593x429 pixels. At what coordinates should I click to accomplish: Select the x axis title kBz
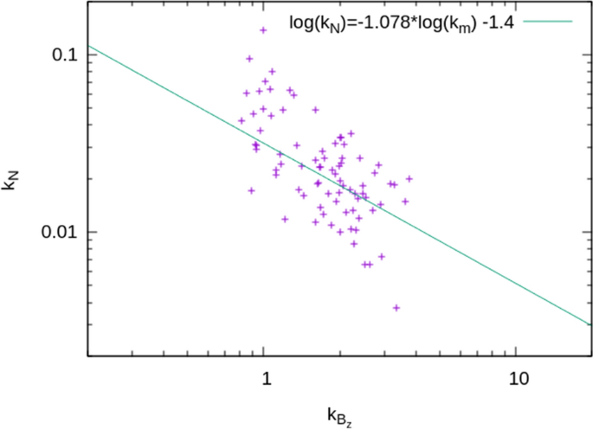(338, 418)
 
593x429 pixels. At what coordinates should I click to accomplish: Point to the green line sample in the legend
(547, 20)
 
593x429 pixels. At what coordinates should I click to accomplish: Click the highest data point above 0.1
(263, 30)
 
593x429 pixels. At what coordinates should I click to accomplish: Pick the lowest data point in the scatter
(396, 308)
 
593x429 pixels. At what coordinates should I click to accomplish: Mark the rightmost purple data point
(409, 179)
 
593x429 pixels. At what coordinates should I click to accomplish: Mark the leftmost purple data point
(242, 121)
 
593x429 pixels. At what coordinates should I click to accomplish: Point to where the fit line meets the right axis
(591, 325)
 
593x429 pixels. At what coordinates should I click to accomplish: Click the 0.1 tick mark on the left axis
(90, 54)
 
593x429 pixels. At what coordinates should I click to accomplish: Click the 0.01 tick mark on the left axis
(90, 233)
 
